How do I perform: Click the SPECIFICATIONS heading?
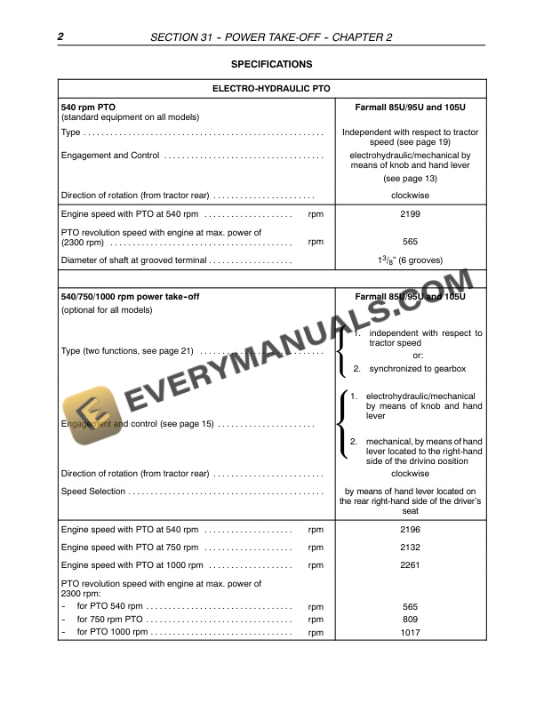tap(271, 65)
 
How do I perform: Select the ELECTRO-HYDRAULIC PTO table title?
tap(271, 89)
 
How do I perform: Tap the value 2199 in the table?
tap(411, 214)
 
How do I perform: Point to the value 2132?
tap(411, 548)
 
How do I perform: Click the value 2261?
tap(411, 565)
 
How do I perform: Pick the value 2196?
tap(411, 530)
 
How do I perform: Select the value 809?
tap(411, 619)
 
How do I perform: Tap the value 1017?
tap(411, 632)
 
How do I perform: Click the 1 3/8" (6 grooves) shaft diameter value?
tap(411, 260)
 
